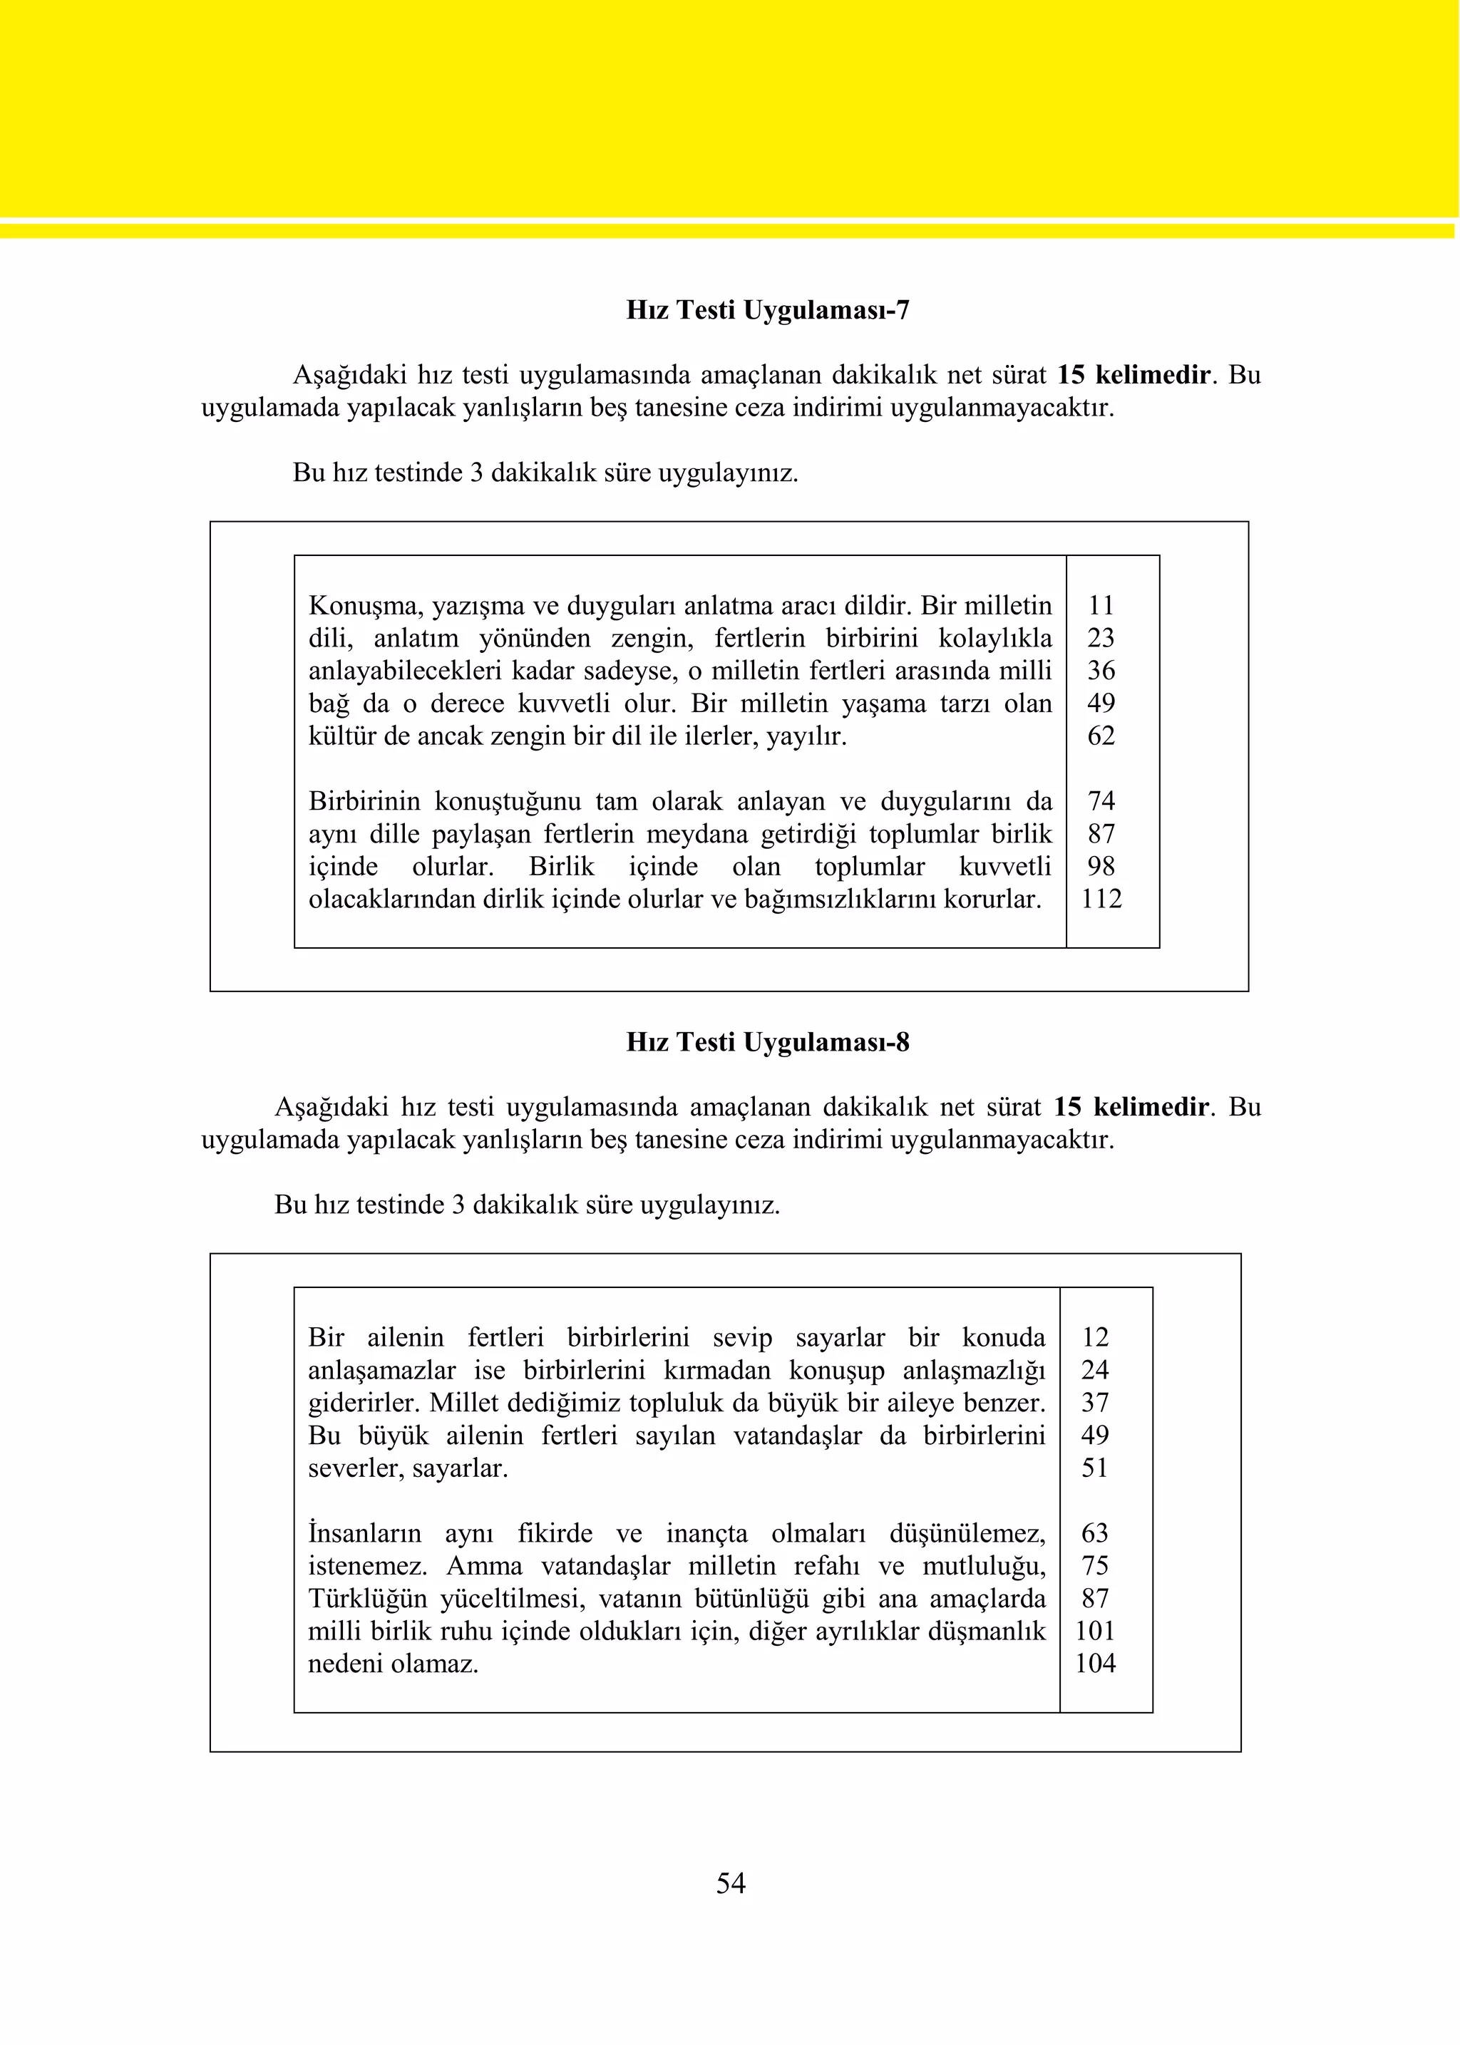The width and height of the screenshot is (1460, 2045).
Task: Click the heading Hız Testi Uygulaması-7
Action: [x=767, y=310]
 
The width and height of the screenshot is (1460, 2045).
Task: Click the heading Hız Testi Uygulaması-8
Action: [x=767, y=1042]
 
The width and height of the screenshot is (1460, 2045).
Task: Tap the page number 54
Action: [x=730, y=1882]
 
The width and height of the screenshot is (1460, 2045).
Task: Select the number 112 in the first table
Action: [x=1101, y=899]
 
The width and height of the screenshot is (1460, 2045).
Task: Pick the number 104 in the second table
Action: [x=1094, y=1663]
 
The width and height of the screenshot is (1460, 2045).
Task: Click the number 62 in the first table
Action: [x=1101, y=736]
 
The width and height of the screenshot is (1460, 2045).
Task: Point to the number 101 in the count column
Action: [x=1094, y=1631]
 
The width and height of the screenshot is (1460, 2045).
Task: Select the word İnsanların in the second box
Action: [x=364, y=1533]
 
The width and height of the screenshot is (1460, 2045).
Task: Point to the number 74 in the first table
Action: [x=1101, y=801]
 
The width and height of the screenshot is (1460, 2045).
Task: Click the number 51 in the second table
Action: [x=1094, y=1468]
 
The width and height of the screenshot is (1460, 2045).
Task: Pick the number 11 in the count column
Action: [x=1101, y=606]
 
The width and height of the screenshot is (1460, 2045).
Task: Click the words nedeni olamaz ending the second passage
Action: [x=393, y=1664]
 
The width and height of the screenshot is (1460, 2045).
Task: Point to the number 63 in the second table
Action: [x=1094, y=1533]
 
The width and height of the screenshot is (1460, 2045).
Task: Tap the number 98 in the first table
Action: [x=1101, y=867]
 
